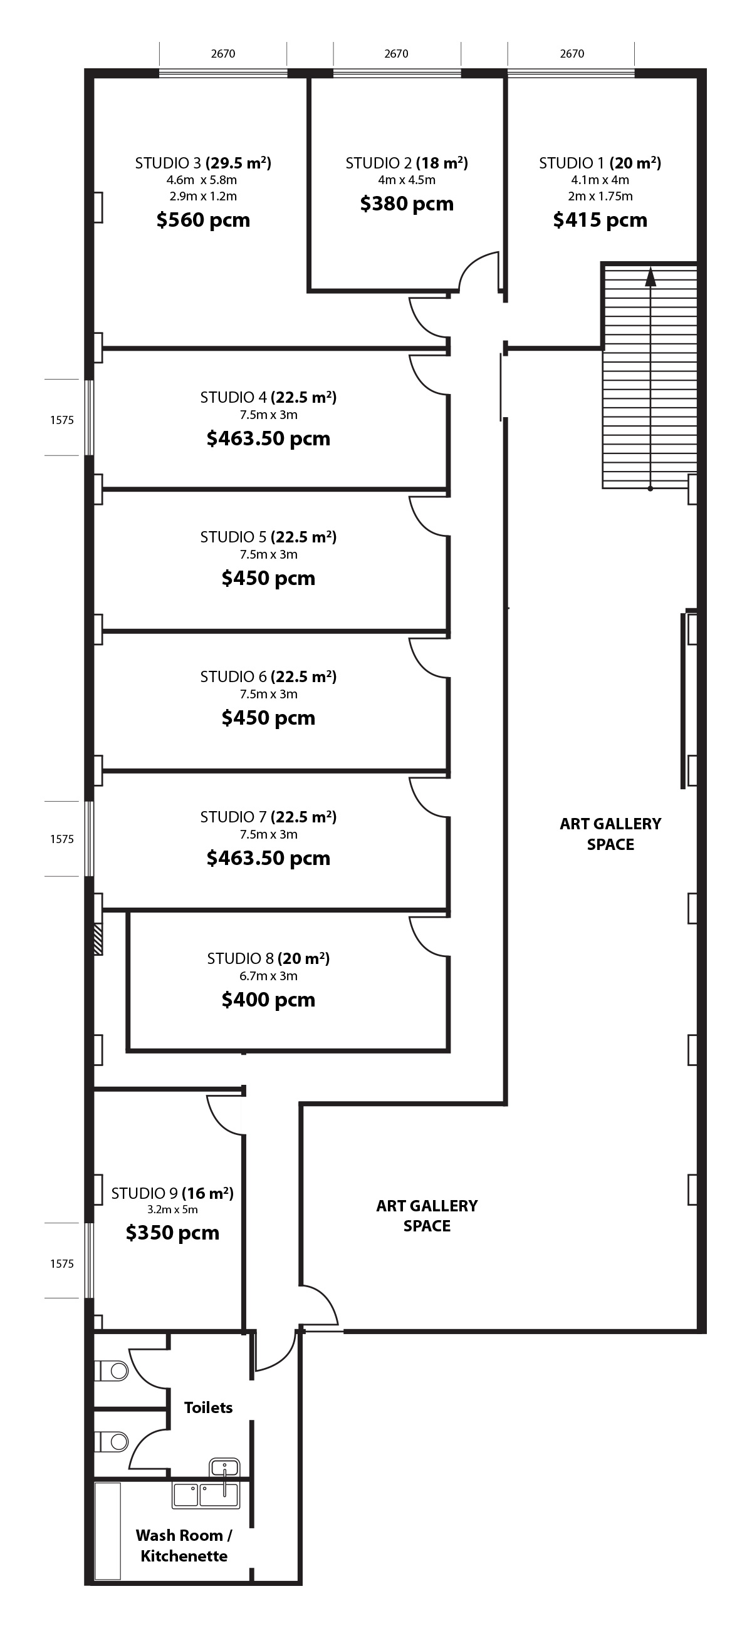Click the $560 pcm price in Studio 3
(203, 220)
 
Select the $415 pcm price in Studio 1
(600, 220)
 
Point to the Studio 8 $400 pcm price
(268, 999)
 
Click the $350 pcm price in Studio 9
(172, 1232)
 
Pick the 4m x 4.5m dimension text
(407, 180)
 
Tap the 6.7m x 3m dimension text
(268, 976)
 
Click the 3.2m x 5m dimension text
(172, 1209)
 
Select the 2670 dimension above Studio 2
(397, 54)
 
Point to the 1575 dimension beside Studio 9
(62, 1264)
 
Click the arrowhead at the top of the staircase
(650, 276)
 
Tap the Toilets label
(208, 1407)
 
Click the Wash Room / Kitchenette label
(184, 1545)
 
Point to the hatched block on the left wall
(98, 940)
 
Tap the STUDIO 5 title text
(234, 537)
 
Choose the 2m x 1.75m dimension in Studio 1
(600, 196)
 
